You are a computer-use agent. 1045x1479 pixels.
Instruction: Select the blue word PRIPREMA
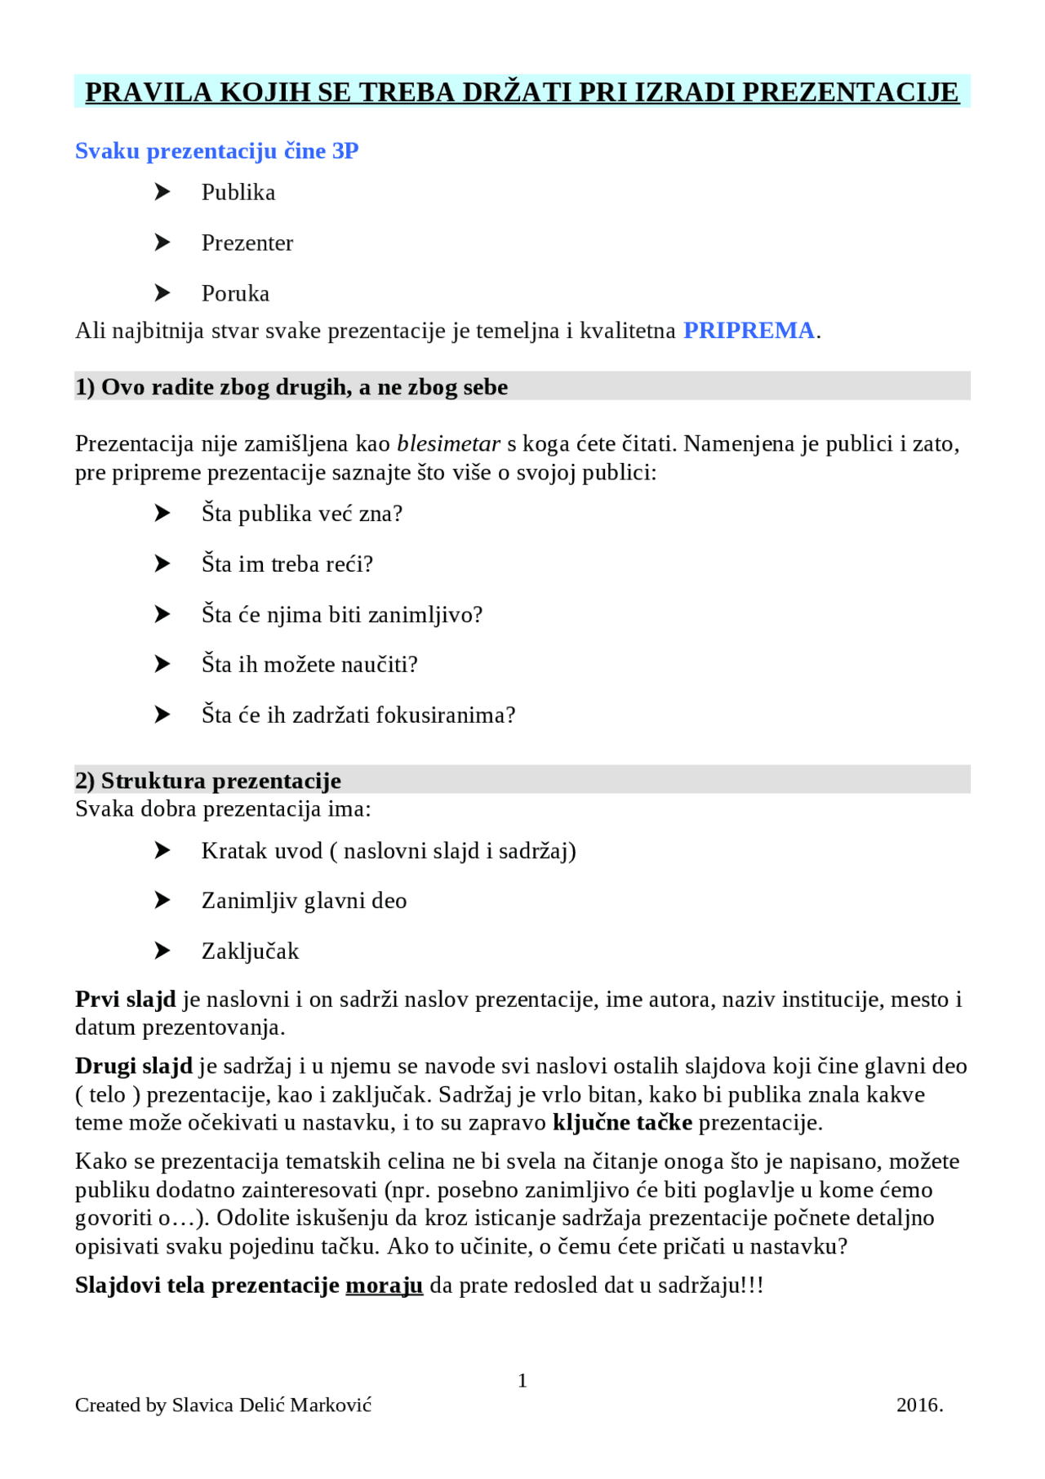tap(749, 331)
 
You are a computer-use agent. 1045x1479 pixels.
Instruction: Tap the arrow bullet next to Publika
tap(162, 192)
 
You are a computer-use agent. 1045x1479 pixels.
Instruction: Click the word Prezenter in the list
tap(247, 243)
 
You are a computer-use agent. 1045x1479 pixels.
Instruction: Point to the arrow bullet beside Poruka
tap(162, 293)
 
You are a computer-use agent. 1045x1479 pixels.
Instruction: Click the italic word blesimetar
tap(448, 444)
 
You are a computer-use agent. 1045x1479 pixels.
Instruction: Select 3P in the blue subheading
tap(345, 151)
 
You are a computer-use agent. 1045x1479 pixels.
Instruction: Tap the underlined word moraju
tap(385, 1286)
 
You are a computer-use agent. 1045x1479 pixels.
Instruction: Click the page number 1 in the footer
tap(522, 1381)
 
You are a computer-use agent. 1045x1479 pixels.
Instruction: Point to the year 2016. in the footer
tap(919, 1405)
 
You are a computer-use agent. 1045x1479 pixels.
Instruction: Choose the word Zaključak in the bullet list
tap(250, 951)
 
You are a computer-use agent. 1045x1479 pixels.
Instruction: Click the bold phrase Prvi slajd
tap(126, 1000)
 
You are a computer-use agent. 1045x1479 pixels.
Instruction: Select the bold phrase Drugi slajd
tap(134, 1067)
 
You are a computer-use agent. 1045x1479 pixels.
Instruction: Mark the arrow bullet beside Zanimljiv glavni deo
tap(162, 901)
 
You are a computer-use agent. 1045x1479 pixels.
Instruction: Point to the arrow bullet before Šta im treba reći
tap(162, 564)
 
